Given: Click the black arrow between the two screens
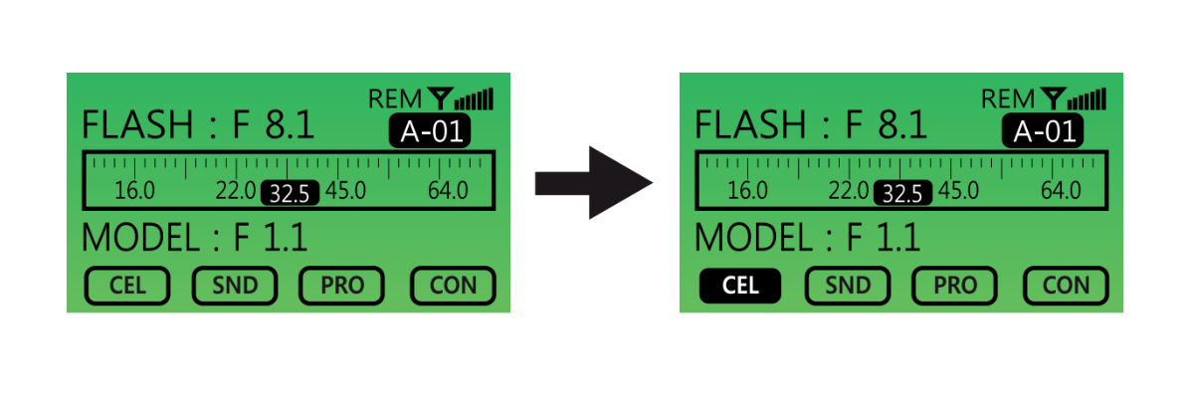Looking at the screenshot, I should (593, 182).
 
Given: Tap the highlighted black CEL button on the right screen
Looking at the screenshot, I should (740, 287).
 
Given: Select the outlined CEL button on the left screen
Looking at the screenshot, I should (127, 287).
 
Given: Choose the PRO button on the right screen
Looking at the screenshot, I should (955, 287).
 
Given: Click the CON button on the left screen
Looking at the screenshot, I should (454, 287).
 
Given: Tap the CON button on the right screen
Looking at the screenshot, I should (1067, 287).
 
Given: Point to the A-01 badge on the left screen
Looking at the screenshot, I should (430, 131).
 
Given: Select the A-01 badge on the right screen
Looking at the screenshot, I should (1043, 131).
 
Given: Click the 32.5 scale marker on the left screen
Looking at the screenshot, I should (290, 193).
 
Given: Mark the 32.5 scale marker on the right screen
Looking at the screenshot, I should (902, 193).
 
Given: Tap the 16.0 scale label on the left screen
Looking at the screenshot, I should (134, 191).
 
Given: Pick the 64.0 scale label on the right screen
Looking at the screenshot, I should (1061, 191).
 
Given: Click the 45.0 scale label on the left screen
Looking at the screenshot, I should (345, 191).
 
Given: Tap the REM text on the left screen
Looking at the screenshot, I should (396, 99).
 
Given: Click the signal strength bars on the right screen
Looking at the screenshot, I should (1092, 99).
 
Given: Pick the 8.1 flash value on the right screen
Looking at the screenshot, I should (902, 126).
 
